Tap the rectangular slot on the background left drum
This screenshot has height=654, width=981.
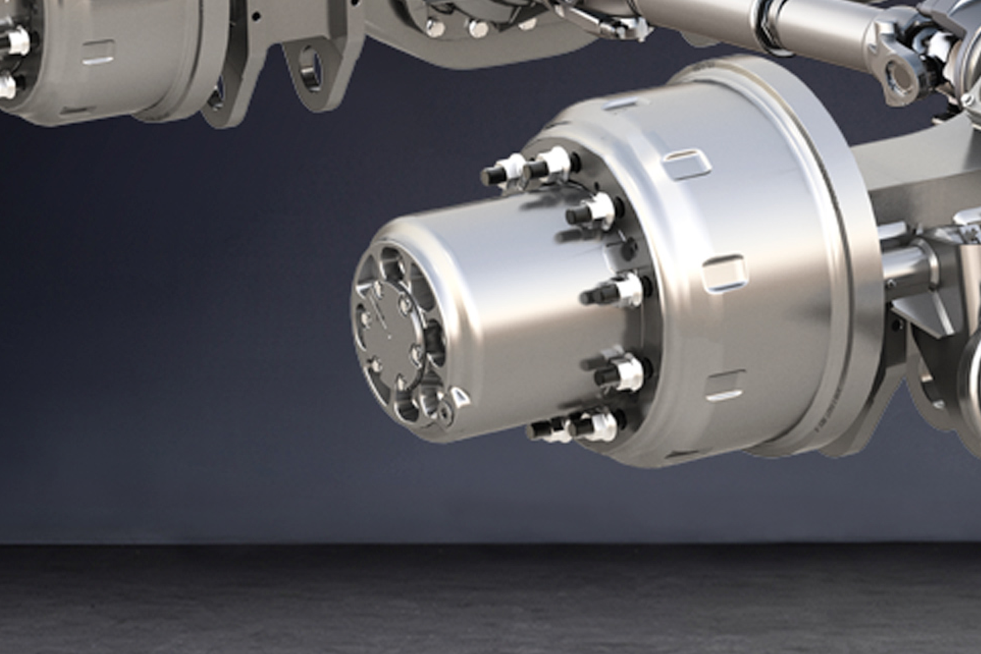(x=98, y=51)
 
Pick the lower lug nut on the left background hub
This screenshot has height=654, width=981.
(x=6, y=85)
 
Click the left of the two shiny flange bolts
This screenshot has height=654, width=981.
(x=434, y=27)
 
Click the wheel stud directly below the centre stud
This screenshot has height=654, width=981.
(x=620, y=373)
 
